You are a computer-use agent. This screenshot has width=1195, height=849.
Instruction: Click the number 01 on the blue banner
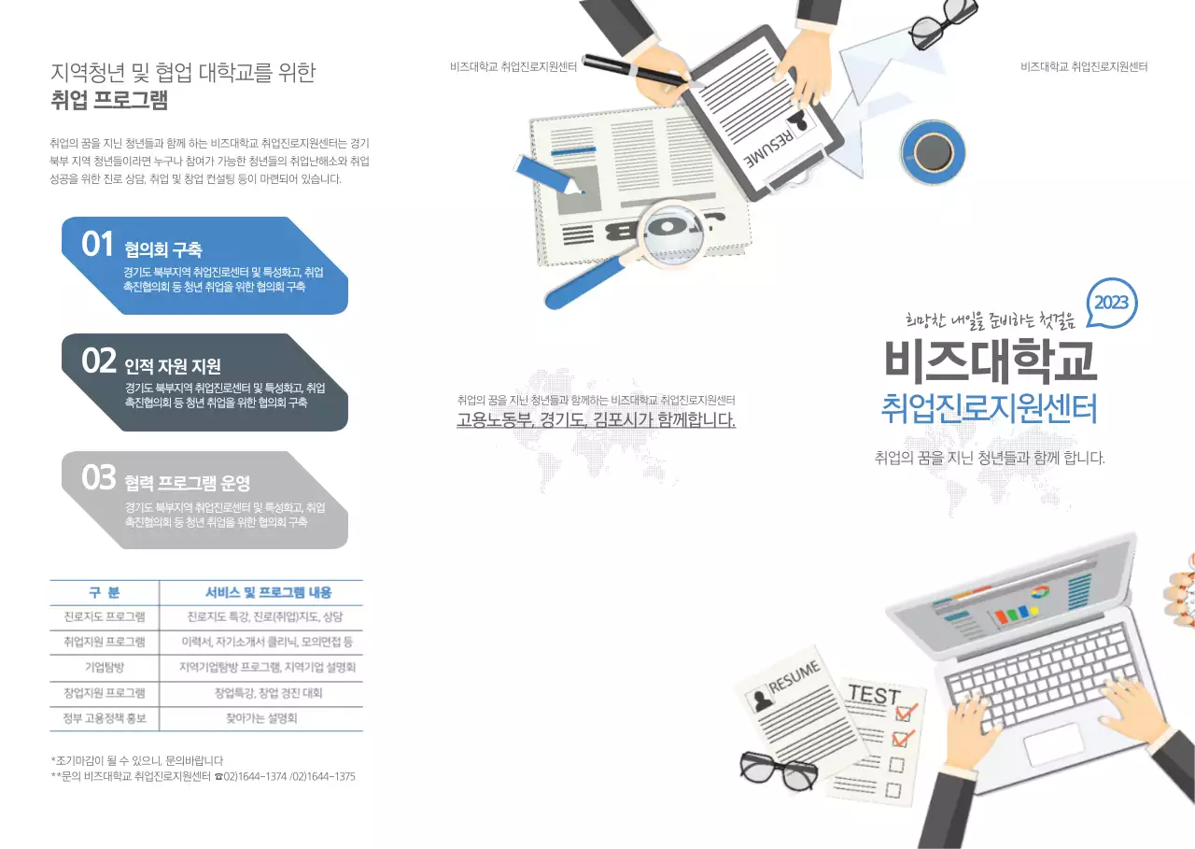pos(97,244)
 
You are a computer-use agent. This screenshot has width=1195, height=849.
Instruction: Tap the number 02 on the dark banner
pos(98,361)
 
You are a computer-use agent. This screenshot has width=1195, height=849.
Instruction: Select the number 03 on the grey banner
pos(98,478)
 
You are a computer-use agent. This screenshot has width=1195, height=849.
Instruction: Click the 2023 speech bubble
pos(1111,303)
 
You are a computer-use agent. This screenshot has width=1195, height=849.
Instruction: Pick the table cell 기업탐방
pos(104,668)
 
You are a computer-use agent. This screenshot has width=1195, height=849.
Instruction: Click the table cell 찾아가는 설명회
pos(260,719)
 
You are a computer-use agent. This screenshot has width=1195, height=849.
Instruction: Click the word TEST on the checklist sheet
pos(874,696)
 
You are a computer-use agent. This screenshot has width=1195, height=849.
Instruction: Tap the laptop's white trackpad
pos(1054,744)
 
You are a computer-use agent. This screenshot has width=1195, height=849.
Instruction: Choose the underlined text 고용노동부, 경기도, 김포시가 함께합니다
pos(596,419)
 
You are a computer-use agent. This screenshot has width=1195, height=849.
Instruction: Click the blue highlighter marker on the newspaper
pos(548,176)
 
